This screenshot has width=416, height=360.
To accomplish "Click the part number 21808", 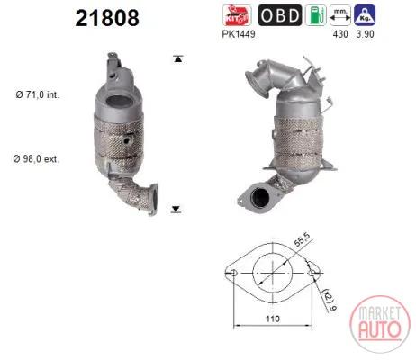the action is click(x=107, y=18).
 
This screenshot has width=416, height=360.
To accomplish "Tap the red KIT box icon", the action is click(x=237, y=15).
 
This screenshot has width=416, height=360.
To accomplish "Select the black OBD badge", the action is click(x=280, y=15).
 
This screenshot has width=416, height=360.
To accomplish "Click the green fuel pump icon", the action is click(x=316, y=15).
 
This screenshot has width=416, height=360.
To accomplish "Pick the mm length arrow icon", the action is click(x=340, y=15).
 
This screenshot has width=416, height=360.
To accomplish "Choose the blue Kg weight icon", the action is click(x=365, y=15).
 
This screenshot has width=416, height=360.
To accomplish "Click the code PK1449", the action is click(x=239, y=34).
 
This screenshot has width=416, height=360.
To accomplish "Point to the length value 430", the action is click(x=340, y=34).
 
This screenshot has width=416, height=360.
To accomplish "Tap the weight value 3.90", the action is click(x=365, y=34).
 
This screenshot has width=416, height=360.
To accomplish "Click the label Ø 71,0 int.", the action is click(x=38, y=94).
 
